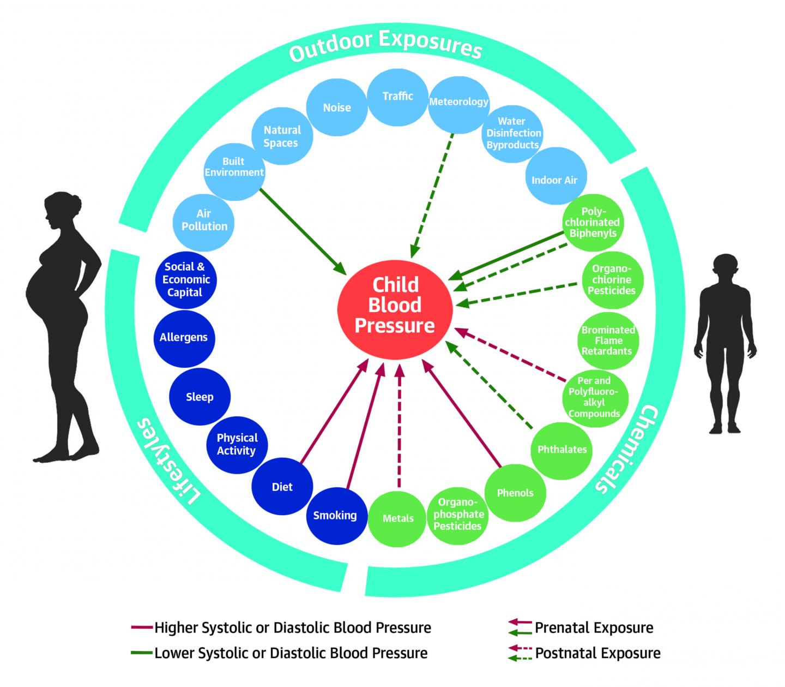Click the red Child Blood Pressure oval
click(395, 306)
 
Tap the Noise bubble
click(336, 108)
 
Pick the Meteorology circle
click(458, 103)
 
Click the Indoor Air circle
click(554, 180)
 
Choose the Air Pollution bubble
click(204, 220)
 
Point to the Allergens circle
click(184, 338)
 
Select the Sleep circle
click(200, 397)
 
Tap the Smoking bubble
click(335, 516)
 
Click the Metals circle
click(398, 518)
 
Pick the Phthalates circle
click(562, 450)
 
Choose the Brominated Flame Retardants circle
click(607, 340)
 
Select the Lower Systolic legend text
click(291, 653)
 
